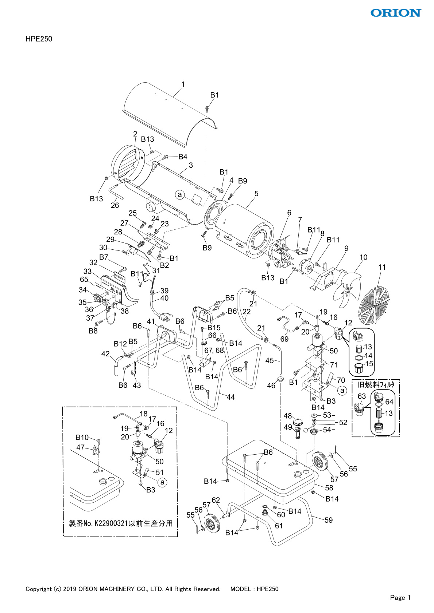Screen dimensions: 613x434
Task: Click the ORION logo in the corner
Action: point(396,13)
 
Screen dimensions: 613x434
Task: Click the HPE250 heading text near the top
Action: point(39,39)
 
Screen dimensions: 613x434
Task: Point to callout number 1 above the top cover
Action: point(183,84)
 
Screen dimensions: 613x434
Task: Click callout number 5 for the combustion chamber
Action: point(256,194)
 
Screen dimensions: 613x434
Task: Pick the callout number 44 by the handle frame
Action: point(230,397)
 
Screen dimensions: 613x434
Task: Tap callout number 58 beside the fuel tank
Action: point(329,488)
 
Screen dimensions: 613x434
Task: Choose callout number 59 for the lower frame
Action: point(329,520)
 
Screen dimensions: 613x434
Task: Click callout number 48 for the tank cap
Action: point(288,416)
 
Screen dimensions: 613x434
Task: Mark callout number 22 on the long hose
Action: point(247,312)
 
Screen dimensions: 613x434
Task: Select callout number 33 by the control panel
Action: point(88,271)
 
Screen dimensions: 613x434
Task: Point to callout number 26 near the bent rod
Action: point(115,205)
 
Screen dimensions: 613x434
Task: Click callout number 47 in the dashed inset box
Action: point(80,447)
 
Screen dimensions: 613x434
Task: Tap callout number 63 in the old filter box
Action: point(361,396)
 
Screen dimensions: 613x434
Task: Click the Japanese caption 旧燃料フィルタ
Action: point(376,385)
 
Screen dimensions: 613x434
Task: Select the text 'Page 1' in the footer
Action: point(400,597)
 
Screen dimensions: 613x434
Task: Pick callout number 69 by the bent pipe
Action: point(284,339)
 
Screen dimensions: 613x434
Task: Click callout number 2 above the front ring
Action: point(135,134)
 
